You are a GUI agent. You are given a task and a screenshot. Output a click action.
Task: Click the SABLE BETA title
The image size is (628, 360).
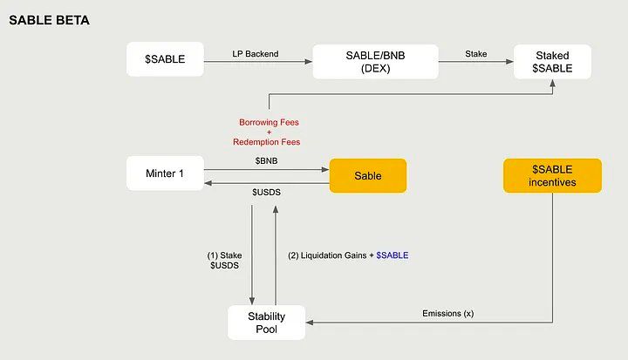[x=50, y=18]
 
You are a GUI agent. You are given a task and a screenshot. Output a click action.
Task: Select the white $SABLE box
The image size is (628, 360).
[x=165, y=61]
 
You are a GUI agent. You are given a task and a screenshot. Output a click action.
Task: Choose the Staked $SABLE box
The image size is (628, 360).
[x=552, y=61]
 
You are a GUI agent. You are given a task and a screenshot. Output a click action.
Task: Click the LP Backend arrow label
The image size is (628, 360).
[x=256, y=54]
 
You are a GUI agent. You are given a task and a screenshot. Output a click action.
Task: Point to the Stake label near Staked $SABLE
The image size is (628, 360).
[x=475, y=54]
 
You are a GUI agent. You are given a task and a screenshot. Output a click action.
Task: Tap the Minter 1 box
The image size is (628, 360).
[x=165, y=173]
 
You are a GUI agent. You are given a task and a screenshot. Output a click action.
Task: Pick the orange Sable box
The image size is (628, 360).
[x=367, y=175]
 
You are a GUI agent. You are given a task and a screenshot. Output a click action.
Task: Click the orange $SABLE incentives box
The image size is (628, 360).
[x=552, y=174]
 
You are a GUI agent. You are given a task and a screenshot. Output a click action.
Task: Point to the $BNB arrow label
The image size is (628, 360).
[x=267, y=161]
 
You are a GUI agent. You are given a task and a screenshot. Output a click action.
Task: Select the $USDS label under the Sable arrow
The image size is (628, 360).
[x=267, y=192]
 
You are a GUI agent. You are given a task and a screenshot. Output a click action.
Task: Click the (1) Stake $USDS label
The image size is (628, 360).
[x=223, y=260]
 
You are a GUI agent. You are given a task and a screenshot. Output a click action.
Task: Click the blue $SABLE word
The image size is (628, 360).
[x=392, y=255]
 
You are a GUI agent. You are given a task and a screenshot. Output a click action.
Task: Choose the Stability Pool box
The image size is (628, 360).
[x=267, y=322]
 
